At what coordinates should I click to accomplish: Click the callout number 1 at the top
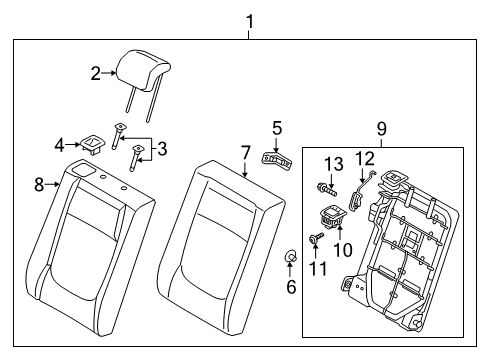click(x=249, y=21)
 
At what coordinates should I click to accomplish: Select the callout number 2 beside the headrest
click(x=96, y=72)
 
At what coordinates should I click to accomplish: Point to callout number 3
click(x=161, y=148)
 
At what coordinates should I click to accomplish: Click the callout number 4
click(x=60, y=144)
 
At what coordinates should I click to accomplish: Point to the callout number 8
click(x=40, y=183)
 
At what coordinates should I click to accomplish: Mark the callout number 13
click(x=332, y=163)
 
